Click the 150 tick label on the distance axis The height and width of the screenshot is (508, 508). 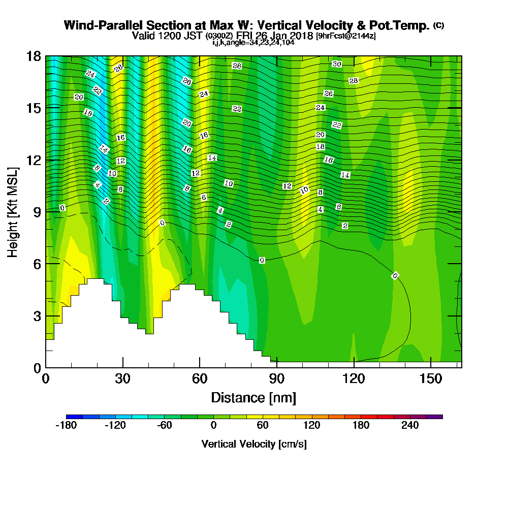tap(430, 379)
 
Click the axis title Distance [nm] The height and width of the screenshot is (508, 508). tap(253, 397)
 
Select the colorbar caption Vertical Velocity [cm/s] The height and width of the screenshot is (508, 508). tap(254, 444)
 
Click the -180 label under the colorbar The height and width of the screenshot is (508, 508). tap(66, 426)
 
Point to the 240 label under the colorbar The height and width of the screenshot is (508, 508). tap(410, 426)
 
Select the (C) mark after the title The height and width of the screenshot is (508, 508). tap(438, 25)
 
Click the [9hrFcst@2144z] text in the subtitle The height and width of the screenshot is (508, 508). tap(345, 36)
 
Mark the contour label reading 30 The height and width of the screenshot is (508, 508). tap(336, 64)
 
